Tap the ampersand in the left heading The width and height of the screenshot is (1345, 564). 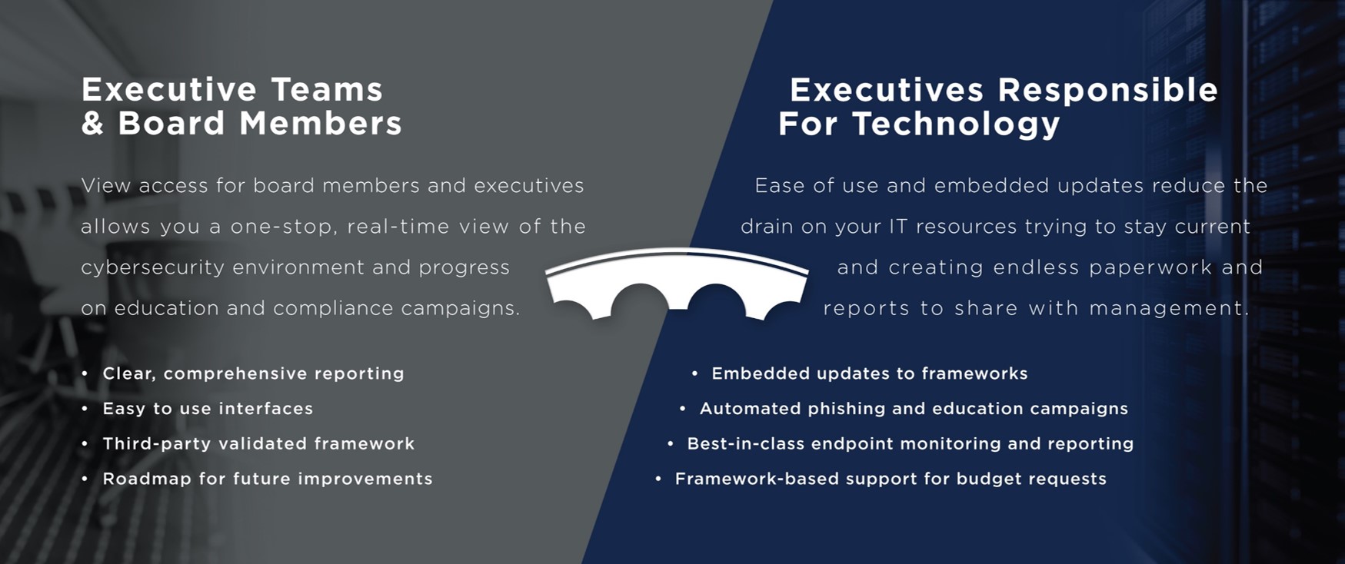pos(92,124)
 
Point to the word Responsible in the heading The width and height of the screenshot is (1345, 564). pos(1108,91)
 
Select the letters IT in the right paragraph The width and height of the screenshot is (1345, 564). pos(898,227)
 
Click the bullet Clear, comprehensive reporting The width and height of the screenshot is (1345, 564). pos(253,374)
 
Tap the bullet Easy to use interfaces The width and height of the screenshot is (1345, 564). pos(208,409)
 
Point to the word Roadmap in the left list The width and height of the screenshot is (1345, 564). pos(147,479)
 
